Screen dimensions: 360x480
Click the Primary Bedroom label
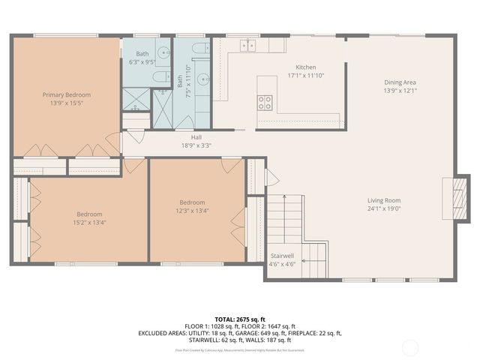(67, 94)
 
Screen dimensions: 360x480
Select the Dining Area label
(400, 82)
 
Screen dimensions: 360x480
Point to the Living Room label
(383, 200)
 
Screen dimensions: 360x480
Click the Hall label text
(196, 137)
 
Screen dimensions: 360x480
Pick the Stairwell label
(282, 256)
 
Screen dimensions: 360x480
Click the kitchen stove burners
(265, 102)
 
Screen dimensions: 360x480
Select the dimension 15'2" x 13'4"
(89, 222)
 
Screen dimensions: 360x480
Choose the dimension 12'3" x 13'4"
(192, 211)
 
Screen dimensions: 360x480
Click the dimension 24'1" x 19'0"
(383, 209)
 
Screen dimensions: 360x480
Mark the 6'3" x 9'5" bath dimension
(142, 63)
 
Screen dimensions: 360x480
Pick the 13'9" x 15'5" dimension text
(67, 103)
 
